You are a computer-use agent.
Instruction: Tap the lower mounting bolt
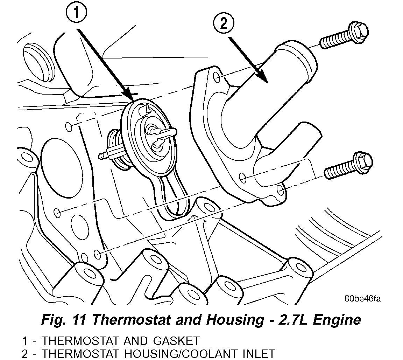(x=348, y=166)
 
